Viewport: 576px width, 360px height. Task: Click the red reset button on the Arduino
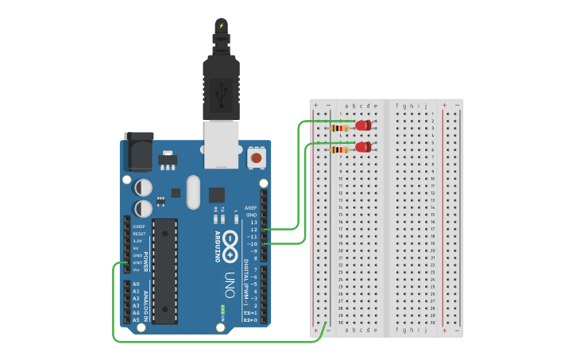[257, 157]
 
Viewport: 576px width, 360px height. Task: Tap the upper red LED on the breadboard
[363, 126]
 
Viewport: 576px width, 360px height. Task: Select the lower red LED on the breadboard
[363, 147]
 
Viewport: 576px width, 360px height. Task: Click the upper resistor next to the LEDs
[341, 128]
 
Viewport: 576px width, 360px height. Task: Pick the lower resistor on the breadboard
[341, 149]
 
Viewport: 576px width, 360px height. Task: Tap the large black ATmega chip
[165, 271]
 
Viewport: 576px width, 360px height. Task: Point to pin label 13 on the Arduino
[253, 222]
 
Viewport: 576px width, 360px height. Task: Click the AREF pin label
[251, 208]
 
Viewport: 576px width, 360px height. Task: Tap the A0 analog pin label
[136, 284]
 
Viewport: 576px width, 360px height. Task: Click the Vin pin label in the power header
[137, 269]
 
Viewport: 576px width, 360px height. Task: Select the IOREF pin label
[139, 226]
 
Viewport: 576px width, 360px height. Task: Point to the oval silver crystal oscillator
[194, 192]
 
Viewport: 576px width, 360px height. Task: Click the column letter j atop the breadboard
[426, 106]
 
